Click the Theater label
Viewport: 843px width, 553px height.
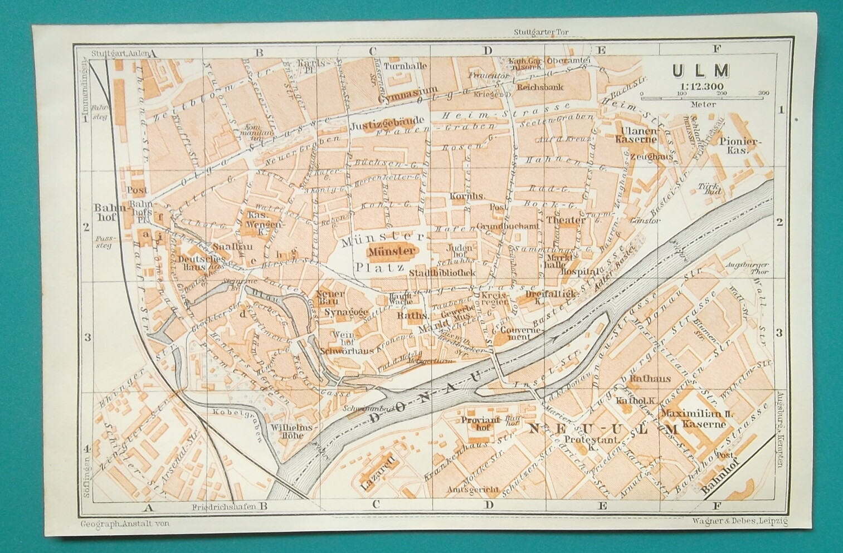tap(566, 220)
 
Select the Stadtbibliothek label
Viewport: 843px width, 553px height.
tap(442, 273)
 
